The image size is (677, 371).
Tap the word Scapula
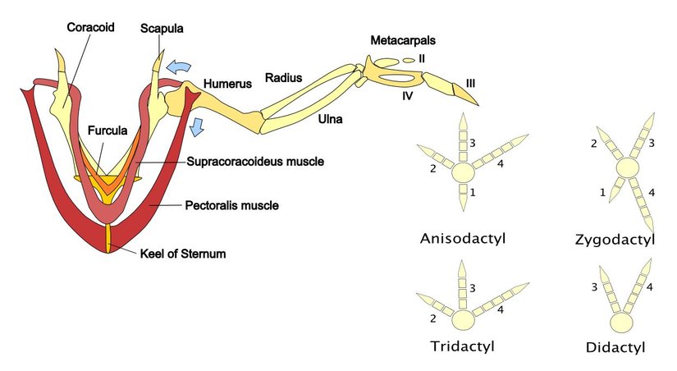162,29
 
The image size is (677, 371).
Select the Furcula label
106,131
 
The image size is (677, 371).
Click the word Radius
283,78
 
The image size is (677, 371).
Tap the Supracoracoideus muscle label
254,162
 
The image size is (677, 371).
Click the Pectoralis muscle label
232,205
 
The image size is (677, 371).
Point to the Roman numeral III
470,82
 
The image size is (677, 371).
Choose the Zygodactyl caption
626,240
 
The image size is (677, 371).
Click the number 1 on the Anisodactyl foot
472,191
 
